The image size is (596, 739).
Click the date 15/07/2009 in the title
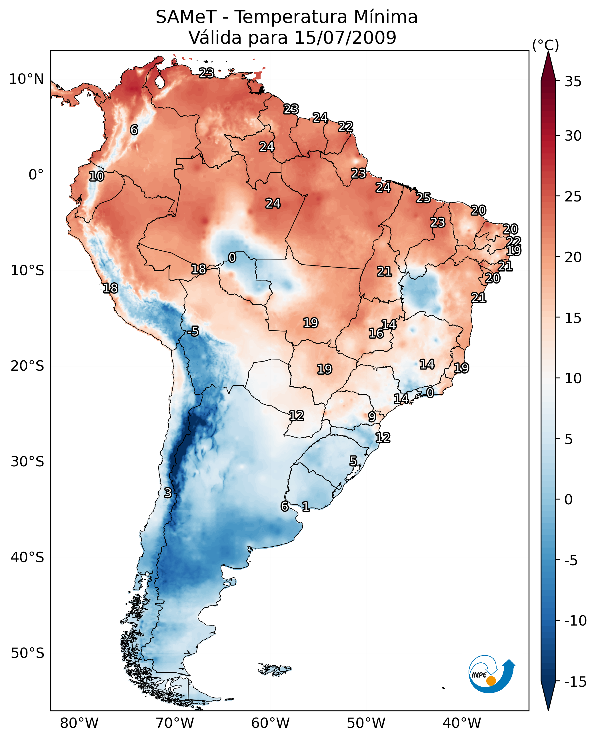point(345,38)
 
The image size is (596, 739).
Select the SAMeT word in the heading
point(186,17)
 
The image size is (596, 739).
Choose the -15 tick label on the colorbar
point(575,682)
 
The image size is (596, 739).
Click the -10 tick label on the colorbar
point(575,620)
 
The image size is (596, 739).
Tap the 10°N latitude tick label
point(27,79)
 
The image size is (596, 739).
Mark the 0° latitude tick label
point(36,175)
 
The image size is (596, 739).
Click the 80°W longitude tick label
point(79,723)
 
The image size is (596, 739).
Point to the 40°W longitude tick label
point(461,723)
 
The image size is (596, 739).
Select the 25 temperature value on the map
point(423,198)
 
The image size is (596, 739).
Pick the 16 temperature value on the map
point(376,333)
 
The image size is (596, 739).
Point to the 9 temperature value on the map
point(372,417)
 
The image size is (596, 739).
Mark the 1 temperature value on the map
point(305,506)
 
